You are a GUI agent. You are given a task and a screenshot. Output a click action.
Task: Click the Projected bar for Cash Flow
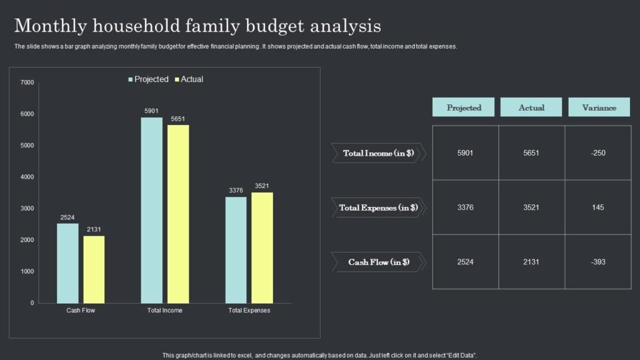(x=67, y=263)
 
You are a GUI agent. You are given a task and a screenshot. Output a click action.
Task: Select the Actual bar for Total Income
(x=178, y=214)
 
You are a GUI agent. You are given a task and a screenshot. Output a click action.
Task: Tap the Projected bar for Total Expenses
(x=236, y=250)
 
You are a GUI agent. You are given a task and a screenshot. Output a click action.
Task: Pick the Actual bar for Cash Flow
(x=94, y=269)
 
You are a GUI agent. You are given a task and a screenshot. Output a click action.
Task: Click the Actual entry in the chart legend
(x=189, y=79)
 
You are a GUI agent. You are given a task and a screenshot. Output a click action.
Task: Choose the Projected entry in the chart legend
(x=148, y=79)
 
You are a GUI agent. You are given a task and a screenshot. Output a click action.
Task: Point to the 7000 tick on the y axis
(x=27, y=82)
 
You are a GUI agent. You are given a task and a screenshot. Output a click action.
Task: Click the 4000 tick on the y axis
(x=27, y=177)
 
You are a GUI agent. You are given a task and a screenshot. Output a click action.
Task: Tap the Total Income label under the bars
(x=165, y=310)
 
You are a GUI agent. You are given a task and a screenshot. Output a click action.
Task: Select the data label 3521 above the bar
(x=262, y=186)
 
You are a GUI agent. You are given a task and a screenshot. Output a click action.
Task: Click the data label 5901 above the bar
(x=151, y=111)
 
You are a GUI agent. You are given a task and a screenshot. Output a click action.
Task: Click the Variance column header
(x=599, y=107)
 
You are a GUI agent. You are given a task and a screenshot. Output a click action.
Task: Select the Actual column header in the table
(x=531, y=107)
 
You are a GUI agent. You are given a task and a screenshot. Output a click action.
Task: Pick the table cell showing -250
(x=598, y=152)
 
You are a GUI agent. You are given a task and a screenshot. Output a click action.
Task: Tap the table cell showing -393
(x=598, y=262)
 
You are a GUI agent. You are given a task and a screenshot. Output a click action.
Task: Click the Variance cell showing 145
(x=598, y=207)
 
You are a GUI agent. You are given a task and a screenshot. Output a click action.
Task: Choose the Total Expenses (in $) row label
(x=378, y=207)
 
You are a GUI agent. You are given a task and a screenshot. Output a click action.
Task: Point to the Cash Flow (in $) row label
(x=378, y=262)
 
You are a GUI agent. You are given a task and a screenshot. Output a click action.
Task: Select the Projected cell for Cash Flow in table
(x=465, y=262)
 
